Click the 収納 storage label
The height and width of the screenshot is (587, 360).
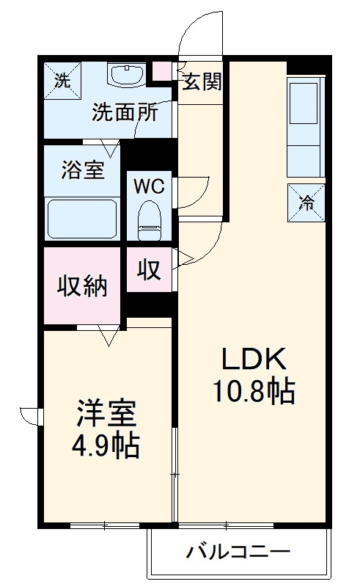(82, 284)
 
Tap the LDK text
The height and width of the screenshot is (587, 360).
(254, 360)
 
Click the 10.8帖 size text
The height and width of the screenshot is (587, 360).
(254, 392)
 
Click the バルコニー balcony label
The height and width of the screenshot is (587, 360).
(238, 550)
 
